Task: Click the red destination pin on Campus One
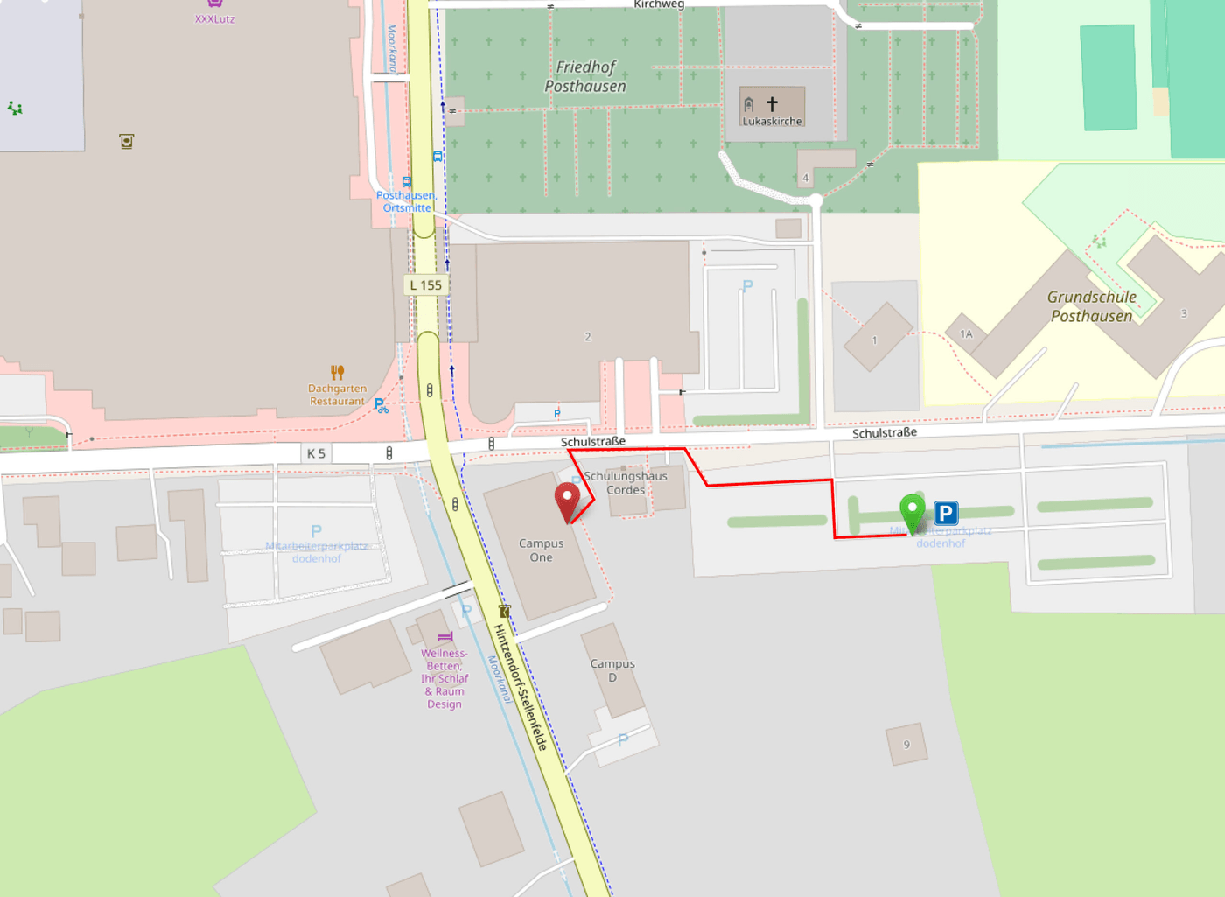click(567, 500)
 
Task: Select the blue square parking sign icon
click(946, 513)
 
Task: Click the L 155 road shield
click(426, 285)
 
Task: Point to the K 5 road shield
click(316, 453)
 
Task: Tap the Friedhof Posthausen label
click(585, 76)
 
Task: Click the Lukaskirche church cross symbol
click(772, 104)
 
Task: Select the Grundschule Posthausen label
click(1091, 306)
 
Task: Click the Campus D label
click(612, 670)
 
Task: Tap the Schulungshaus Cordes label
click(626, 483)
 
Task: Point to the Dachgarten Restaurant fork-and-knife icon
click(338, 372)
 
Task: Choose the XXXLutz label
click(214, 18)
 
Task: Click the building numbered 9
click(906, 745)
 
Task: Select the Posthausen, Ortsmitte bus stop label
click(407, 201)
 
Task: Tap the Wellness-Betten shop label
click(444, 678)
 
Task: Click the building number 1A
click(966, 334)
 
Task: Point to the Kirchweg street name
click(659, 4)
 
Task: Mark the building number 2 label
click(588, 337)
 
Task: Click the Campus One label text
click(541, 550)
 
